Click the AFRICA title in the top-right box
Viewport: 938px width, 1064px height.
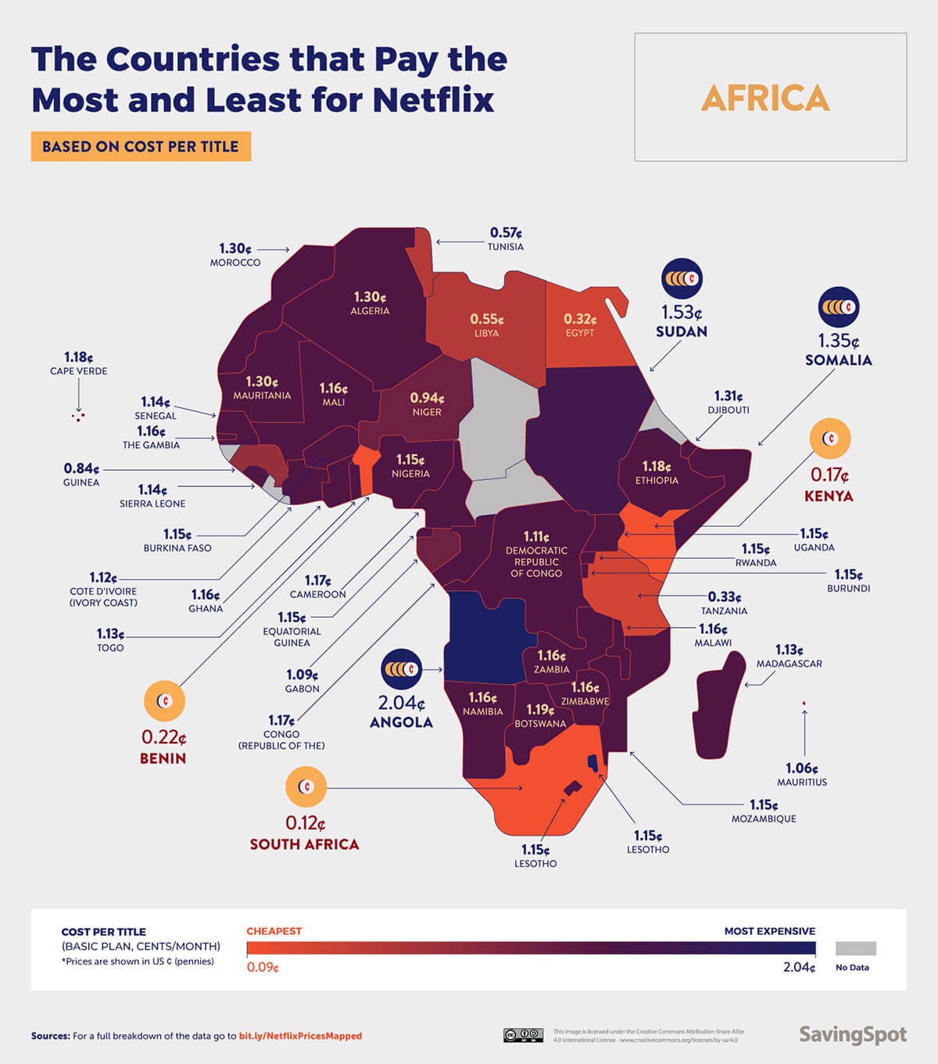765,98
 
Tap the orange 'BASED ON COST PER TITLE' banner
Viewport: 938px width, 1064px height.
141,146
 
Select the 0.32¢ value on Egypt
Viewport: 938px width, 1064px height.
580,319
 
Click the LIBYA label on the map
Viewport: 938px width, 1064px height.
486,333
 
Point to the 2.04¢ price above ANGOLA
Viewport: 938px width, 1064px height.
401,702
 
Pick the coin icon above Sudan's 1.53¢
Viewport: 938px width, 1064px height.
682,278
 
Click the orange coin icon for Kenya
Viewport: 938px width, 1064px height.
829,439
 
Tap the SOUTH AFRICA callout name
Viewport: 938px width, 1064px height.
304,844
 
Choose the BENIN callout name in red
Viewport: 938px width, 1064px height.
163,758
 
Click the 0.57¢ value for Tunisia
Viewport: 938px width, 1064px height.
506,233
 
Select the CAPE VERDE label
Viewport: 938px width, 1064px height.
78,371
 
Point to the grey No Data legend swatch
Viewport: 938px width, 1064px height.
855,948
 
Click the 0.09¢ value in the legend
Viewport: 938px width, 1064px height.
263,967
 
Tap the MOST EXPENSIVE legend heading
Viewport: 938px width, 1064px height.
769,931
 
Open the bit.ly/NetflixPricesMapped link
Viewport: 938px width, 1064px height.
300,1036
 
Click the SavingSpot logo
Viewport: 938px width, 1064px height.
852,1035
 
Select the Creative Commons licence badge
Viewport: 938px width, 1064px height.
523,1035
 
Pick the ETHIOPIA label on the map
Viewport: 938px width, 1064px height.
657,480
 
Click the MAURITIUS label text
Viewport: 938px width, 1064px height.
801,782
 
